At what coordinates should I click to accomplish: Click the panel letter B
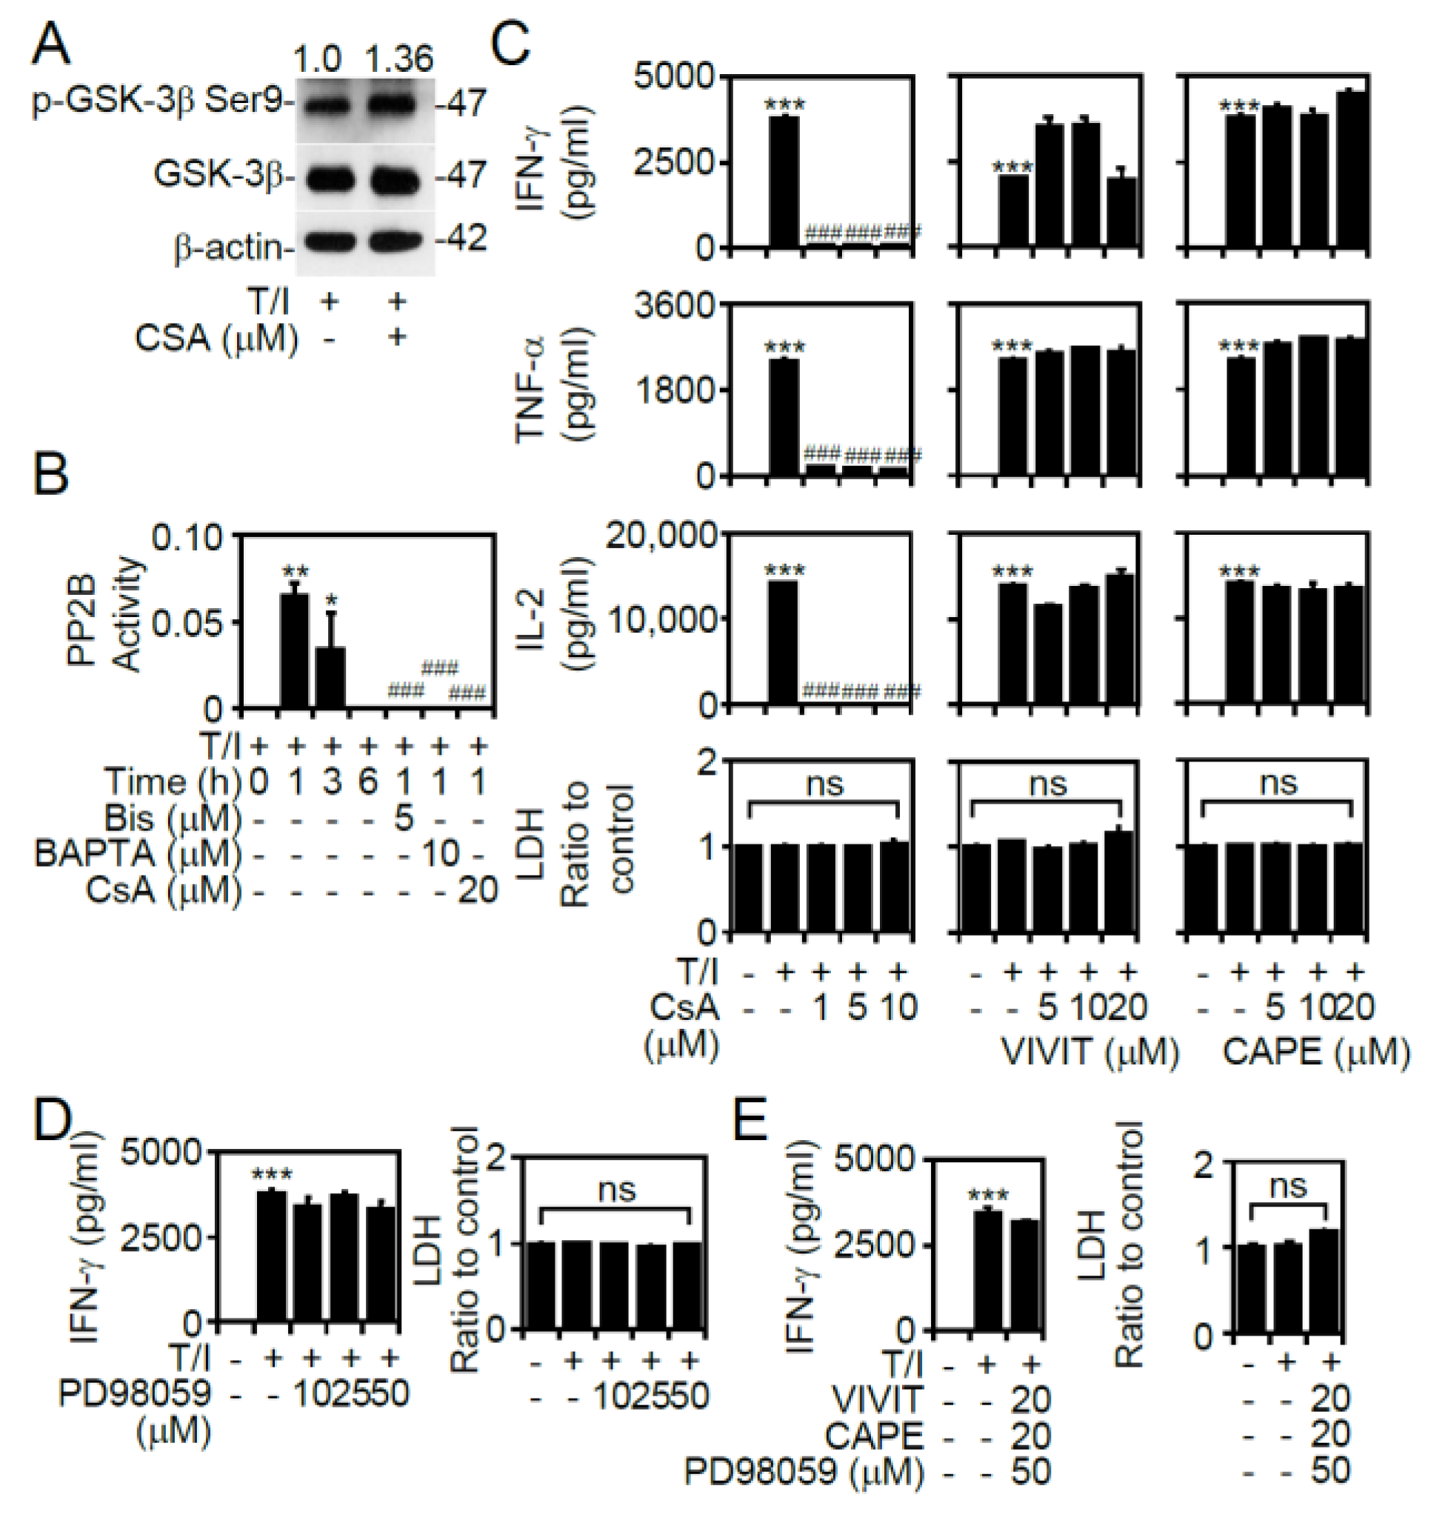tap(50, 473)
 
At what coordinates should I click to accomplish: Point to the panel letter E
tap(750, 1121)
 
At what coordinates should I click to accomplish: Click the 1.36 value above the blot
tap(398, 59)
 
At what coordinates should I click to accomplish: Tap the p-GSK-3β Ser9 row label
tap(161, 101)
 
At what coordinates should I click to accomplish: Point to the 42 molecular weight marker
tap(465, 239)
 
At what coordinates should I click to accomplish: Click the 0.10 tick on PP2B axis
tap(186, 536)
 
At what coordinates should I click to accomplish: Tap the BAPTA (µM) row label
tap(137, 853)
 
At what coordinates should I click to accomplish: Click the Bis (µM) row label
tap(171, 817)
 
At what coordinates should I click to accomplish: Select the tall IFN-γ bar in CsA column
tap(784, 181)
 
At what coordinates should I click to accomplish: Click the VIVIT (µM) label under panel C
tap(1090, 1052)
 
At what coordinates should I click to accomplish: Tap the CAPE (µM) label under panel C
tap(1316, 1052)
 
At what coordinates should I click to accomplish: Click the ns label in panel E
tap(1288, 1185)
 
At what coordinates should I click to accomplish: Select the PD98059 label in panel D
tap(136, 1393)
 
